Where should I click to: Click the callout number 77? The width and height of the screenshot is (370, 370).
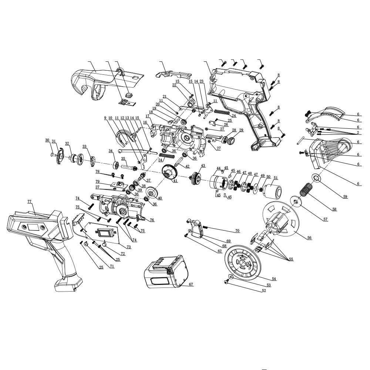coord(29,201)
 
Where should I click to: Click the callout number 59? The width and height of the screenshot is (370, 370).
coord(345,196)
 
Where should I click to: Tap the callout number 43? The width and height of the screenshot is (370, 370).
coord(203,165)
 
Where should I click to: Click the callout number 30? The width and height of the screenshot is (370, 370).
coord(47,140)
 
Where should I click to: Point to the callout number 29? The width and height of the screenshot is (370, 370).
coord(241,130)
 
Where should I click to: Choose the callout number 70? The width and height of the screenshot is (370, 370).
coord(237,231)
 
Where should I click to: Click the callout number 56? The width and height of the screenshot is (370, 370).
coord(309,238)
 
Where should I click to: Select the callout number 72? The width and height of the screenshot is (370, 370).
coord(123,254)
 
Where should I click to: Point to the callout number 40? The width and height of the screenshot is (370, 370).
coord(160,198)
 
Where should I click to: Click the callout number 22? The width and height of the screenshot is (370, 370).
coord(174,85)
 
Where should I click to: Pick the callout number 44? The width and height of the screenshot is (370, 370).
coord(219,168)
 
